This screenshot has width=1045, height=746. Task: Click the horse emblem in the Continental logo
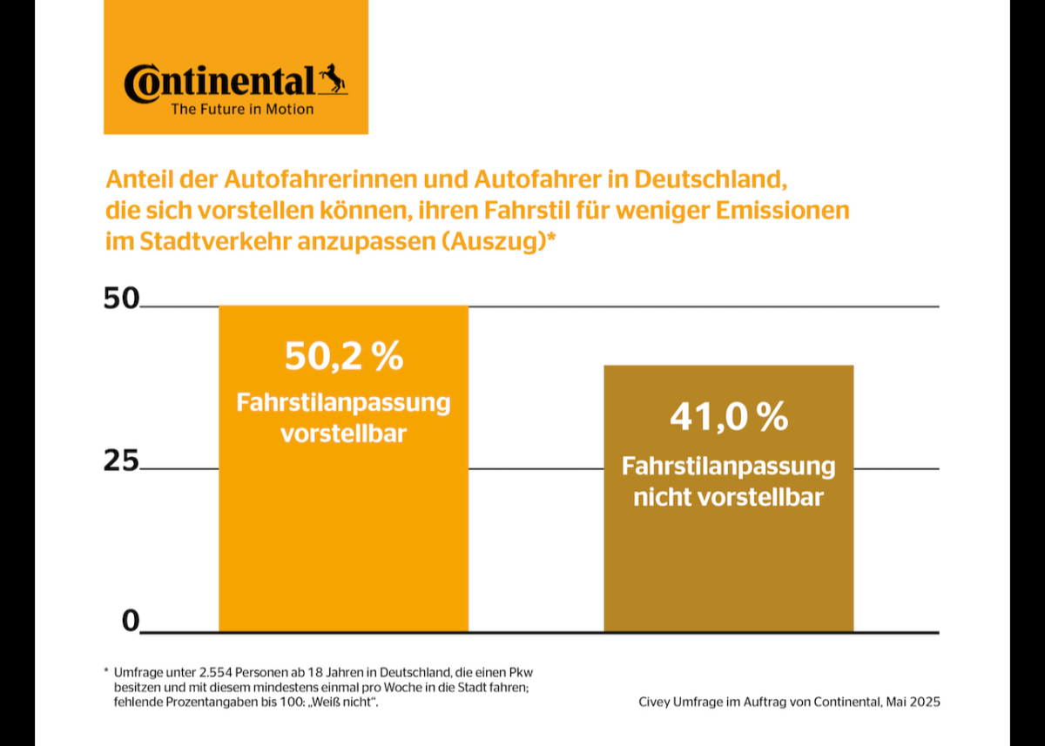332,79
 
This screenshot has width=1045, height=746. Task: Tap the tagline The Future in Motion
242,110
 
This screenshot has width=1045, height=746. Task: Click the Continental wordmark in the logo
218,82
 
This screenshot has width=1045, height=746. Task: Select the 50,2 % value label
344,356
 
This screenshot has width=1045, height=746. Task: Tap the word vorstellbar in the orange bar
343,433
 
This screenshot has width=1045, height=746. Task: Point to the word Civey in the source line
654,701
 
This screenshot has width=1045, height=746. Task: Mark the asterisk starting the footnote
105,672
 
